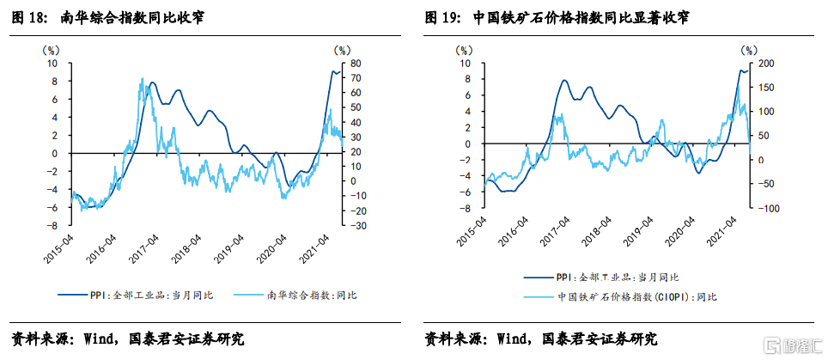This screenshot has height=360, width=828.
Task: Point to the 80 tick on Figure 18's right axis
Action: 354,64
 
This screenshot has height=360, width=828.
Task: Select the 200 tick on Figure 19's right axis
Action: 767,64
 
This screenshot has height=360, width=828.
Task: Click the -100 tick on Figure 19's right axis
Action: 768,208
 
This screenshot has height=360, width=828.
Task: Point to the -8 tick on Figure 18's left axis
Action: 53,225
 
